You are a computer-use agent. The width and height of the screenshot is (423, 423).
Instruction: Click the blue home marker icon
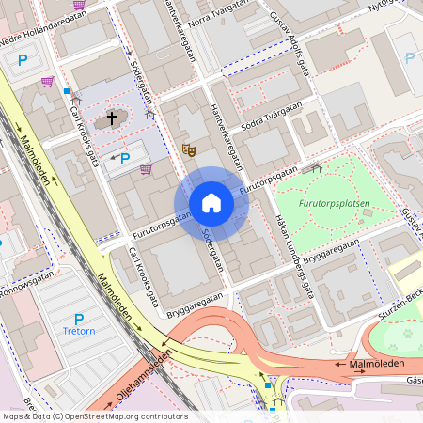point(211,203)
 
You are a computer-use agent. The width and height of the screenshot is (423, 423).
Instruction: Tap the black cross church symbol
point(112,118)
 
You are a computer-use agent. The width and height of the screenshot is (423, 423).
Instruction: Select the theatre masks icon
point(188,149)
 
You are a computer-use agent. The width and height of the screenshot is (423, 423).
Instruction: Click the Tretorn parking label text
point(79,331)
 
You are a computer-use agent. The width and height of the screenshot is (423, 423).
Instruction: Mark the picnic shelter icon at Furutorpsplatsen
point(316,168)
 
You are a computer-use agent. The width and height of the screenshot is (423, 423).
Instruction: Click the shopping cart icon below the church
point(146,169)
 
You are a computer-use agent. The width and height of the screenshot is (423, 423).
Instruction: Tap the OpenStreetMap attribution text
point(94,416)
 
